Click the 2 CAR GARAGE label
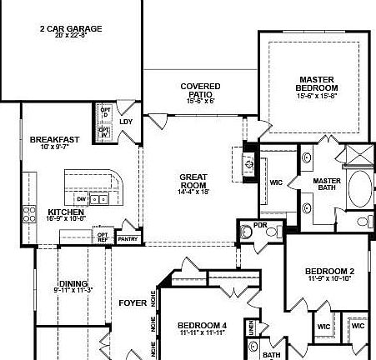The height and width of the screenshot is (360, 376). tap(70, 28)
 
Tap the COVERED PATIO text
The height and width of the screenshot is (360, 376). tap(200, 90)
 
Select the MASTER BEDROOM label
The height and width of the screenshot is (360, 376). tap(317, 84)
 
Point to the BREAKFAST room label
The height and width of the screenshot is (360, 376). tap(54, 139)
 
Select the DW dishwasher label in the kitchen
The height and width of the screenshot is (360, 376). tap(81, 199)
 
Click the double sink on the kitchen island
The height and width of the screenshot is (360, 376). tap(99, 199)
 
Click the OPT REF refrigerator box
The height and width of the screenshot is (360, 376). tap(103, 236)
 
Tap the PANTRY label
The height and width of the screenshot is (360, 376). tap(128, 239)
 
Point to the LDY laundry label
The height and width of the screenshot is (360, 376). tap(126, 122)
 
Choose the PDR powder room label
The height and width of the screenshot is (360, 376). tap(260, 224)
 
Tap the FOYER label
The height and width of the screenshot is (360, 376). tap(133, 302)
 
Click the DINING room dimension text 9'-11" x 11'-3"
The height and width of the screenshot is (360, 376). tap(73, 290)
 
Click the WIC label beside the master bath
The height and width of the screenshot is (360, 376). tap(277, 182)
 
